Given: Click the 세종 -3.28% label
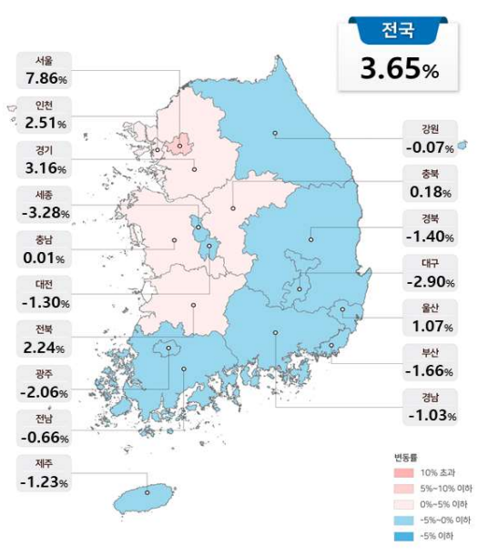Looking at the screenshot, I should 44,205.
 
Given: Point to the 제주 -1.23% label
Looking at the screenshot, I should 44,474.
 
